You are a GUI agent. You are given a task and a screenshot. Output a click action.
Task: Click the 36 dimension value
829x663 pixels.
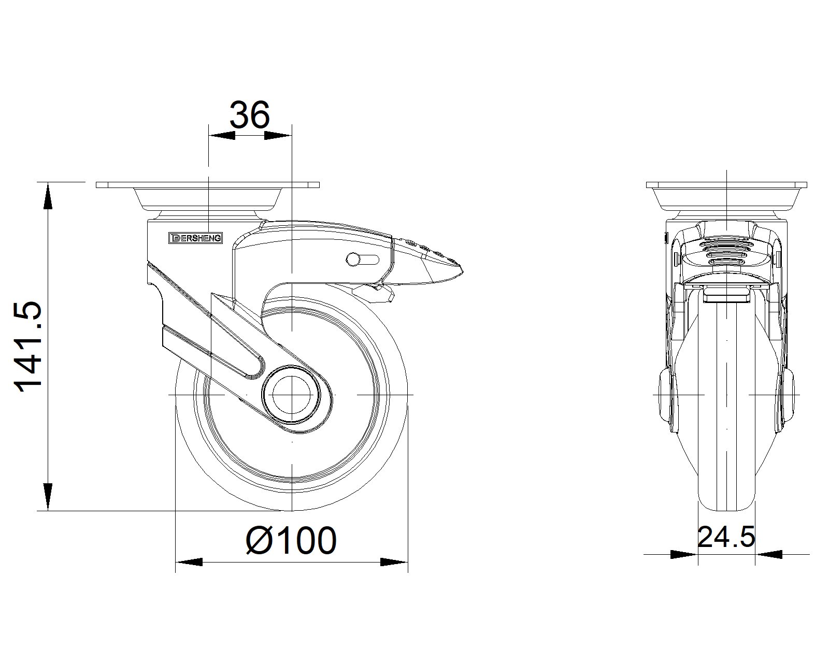tap(250, 115)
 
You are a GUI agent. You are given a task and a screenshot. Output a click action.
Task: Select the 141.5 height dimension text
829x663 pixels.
tap(28, 347)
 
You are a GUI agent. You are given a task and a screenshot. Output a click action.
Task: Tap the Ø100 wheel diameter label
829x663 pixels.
tap(291, 541)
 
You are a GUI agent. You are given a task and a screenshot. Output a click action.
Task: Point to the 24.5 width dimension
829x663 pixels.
tap(726, 537)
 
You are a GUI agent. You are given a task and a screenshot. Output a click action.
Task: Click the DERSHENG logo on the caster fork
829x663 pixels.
tap(196, 238)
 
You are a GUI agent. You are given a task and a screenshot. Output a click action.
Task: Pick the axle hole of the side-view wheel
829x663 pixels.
tap(291, 395)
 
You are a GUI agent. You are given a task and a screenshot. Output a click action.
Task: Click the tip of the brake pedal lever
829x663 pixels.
tap(462, 271)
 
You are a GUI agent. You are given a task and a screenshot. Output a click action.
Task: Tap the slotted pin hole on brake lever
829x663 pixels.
tap(363, 260)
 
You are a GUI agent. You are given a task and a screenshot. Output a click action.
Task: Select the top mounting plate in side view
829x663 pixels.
tap(208, 185)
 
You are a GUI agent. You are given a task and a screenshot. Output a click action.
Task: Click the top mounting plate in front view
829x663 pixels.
tap(726, 185)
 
